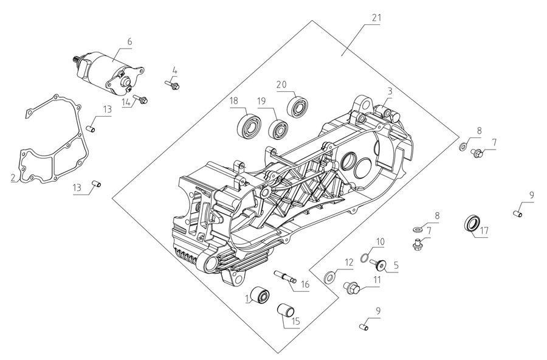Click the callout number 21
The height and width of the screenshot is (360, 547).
pos(376,18)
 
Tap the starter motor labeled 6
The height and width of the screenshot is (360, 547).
pos(109,70)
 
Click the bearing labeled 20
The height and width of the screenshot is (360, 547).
pos(298,108)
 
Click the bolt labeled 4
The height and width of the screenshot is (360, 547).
pos(172,86)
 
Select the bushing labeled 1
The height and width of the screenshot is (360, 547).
pos(262,295)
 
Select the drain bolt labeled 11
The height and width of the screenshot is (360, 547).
pos(352,287)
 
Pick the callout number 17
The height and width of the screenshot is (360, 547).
pos(484,231)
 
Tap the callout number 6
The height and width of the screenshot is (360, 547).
pos(129,41)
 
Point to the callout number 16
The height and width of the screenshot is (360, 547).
pos(305,284)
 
